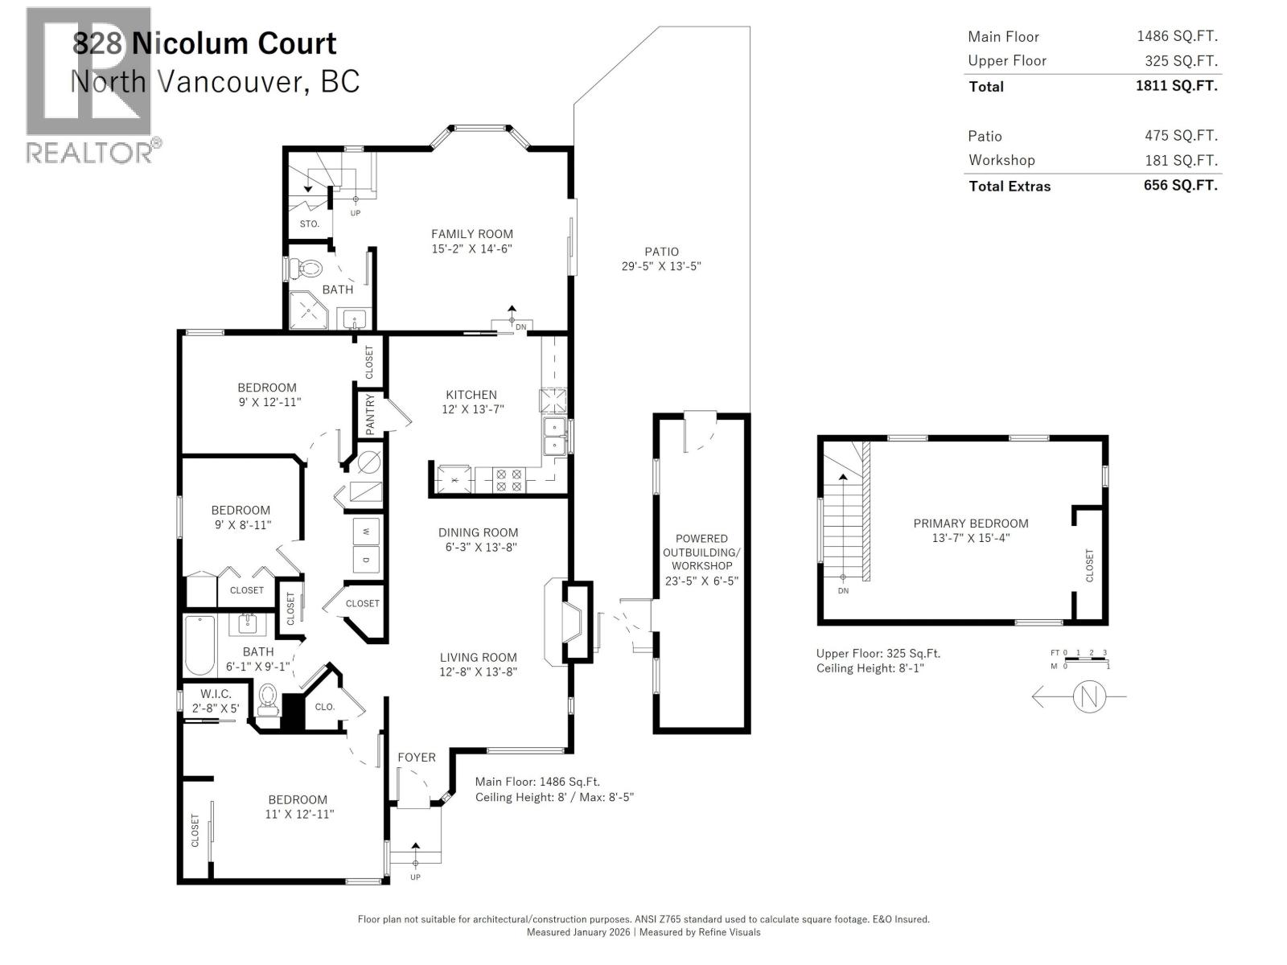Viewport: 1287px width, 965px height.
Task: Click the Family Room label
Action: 471,234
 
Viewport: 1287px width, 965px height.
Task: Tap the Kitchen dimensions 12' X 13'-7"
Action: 471,409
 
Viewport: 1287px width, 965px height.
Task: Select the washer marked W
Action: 366,532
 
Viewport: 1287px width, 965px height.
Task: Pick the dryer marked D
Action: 366,559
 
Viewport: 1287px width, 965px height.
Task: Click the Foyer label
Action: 416,758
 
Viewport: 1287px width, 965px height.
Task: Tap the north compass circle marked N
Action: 1089,696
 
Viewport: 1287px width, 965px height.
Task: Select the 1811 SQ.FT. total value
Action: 1176,85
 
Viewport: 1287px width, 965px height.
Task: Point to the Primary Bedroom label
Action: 970,524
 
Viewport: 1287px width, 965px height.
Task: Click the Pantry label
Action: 370,414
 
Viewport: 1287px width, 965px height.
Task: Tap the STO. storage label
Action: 309,224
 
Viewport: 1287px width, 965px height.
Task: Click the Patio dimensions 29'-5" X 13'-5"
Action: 661,266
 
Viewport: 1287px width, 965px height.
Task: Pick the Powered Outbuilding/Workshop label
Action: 701,552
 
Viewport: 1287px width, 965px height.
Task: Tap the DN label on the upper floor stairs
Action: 843,590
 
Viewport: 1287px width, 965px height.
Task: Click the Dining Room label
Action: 478,532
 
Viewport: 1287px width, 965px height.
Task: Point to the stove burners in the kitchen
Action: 508,480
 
